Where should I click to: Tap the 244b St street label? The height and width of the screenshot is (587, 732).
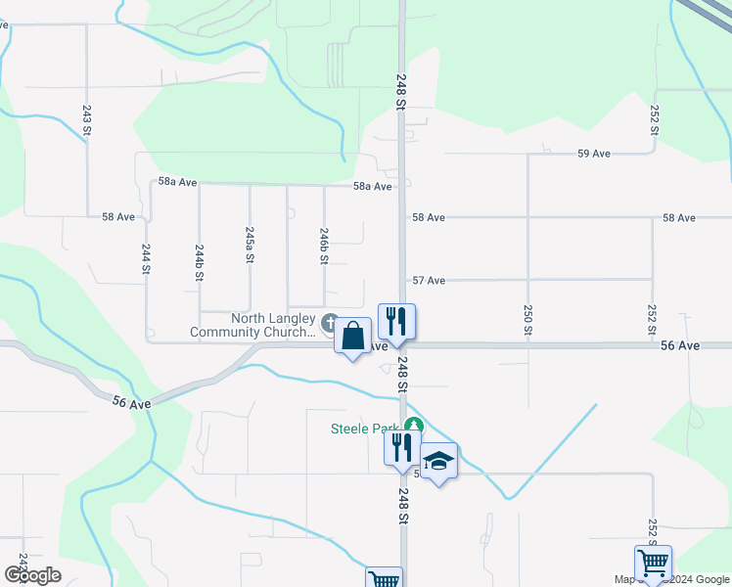200,263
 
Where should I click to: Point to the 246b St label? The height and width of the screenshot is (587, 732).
324,246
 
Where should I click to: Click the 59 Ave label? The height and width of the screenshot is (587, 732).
594,154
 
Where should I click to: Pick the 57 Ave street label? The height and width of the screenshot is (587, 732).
429,281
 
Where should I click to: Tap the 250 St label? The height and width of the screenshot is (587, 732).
527,320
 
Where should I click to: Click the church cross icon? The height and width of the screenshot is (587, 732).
330,322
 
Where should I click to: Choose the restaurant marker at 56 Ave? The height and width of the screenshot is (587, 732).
396,321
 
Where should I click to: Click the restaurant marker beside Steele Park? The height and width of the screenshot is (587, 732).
402,447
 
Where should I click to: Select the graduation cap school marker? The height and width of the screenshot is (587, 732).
439,462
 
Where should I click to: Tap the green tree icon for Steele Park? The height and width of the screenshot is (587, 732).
414,426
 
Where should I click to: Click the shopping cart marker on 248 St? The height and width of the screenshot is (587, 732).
385,578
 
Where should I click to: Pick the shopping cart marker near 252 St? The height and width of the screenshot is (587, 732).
653,564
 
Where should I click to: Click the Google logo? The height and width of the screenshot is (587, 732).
32,574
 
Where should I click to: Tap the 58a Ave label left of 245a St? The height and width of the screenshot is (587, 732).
177,183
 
